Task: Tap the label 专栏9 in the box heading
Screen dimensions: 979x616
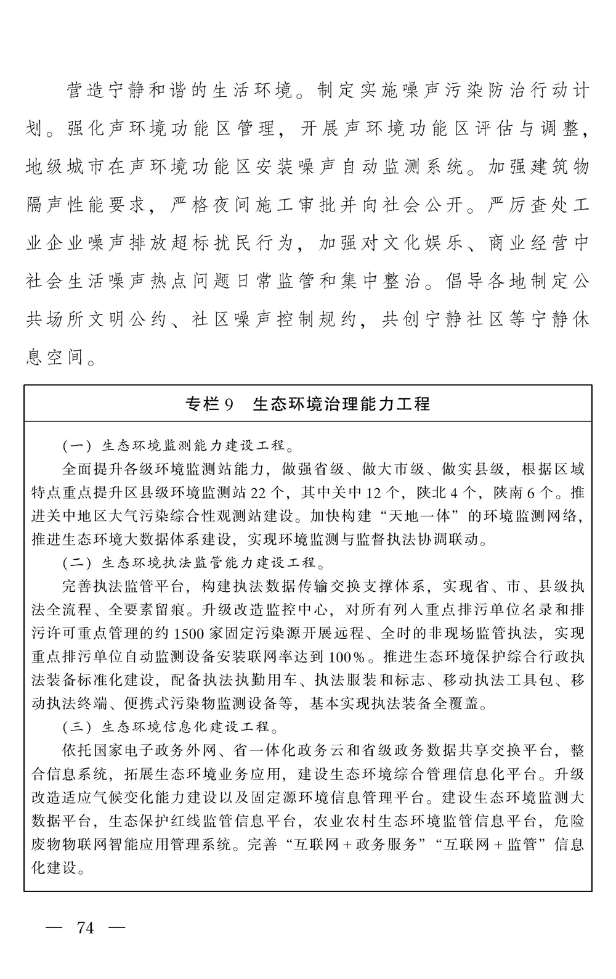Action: [209, 404]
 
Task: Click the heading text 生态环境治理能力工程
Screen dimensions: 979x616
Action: [341, 404]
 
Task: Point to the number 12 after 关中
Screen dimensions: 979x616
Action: [373, 493]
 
